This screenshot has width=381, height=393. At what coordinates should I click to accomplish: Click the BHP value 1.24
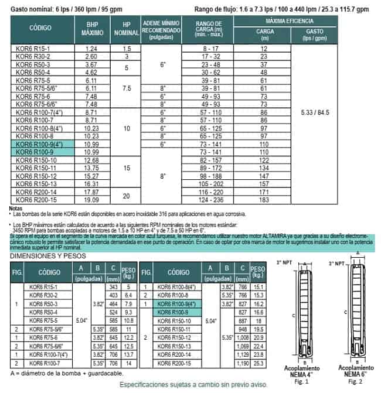pos(91,47)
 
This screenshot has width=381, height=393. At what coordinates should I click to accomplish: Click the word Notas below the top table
pos(16,207)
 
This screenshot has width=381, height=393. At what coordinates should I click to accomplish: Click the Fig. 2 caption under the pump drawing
pos(354,381)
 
